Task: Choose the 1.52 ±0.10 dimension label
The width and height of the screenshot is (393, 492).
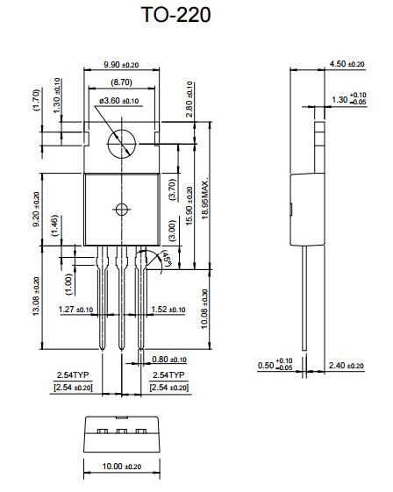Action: pos(168,310)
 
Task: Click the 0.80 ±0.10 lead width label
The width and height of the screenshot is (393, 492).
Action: pos(168,360)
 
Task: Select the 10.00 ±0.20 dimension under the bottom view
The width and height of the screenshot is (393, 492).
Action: pos(121,467)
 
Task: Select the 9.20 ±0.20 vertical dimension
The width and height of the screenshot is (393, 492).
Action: pos(36,210)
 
